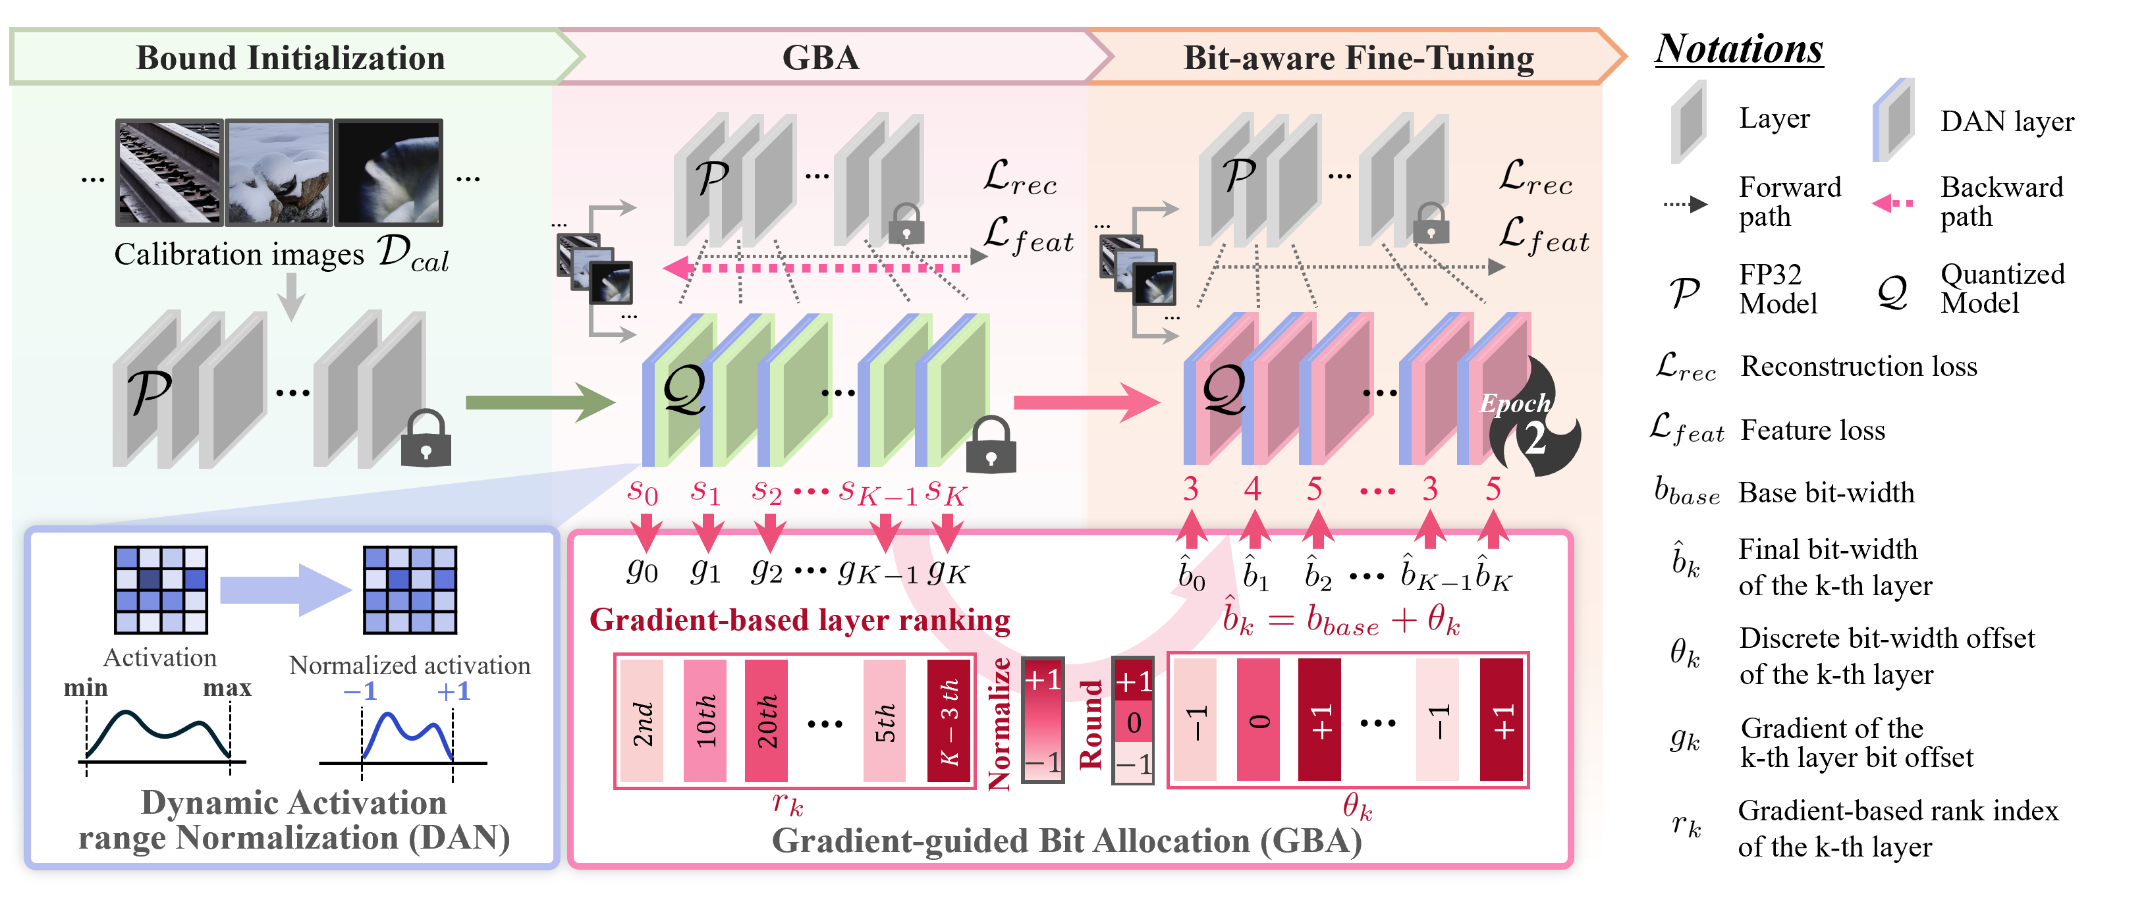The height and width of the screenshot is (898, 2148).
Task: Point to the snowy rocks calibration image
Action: click(x=279, y=172)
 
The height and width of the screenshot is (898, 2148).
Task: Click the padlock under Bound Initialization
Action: click(x=426, y=438)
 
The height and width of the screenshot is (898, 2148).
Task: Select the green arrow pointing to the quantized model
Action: click(x=539, y=403)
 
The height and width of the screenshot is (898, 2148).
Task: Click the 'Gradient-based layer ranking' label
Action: click(x=799, y=620)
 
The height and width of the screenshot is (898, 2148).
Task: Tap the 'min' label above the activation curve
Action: click(x=86, y=688)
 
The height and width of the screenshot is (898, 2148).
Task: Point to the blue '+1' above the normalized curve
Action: click(x=454, y=691)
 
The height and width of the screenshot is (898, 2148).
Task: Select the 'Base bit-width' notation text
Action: click(x=1826, y=492)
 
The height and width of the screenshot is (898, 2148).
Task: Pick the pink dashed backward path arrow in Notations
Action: click(x=1893, y=203)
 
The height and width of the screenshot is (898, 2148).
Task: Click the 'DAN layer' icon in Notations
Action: click(x=1893, y=119)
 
